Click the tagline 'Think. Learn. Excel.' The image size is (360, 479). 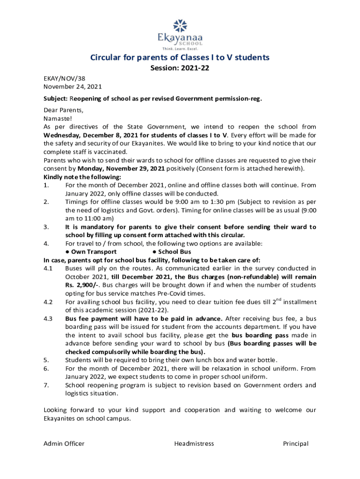(180, 49)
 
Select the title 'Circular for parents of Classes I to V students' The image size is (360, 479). (180, 58)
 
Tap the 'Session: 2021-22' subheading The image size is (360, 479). (180, 68)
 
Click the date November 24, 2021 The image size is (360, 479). (72, 87)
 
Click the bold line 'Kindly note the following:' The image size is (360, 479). (82, 177)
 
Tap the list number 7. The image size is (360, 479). (46, 385)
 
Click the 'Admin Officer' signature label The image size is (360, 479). (64, 443)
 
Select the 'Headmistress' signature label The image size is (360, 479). (194, 443)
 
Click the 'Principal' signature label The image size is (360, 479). (295, 443)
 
